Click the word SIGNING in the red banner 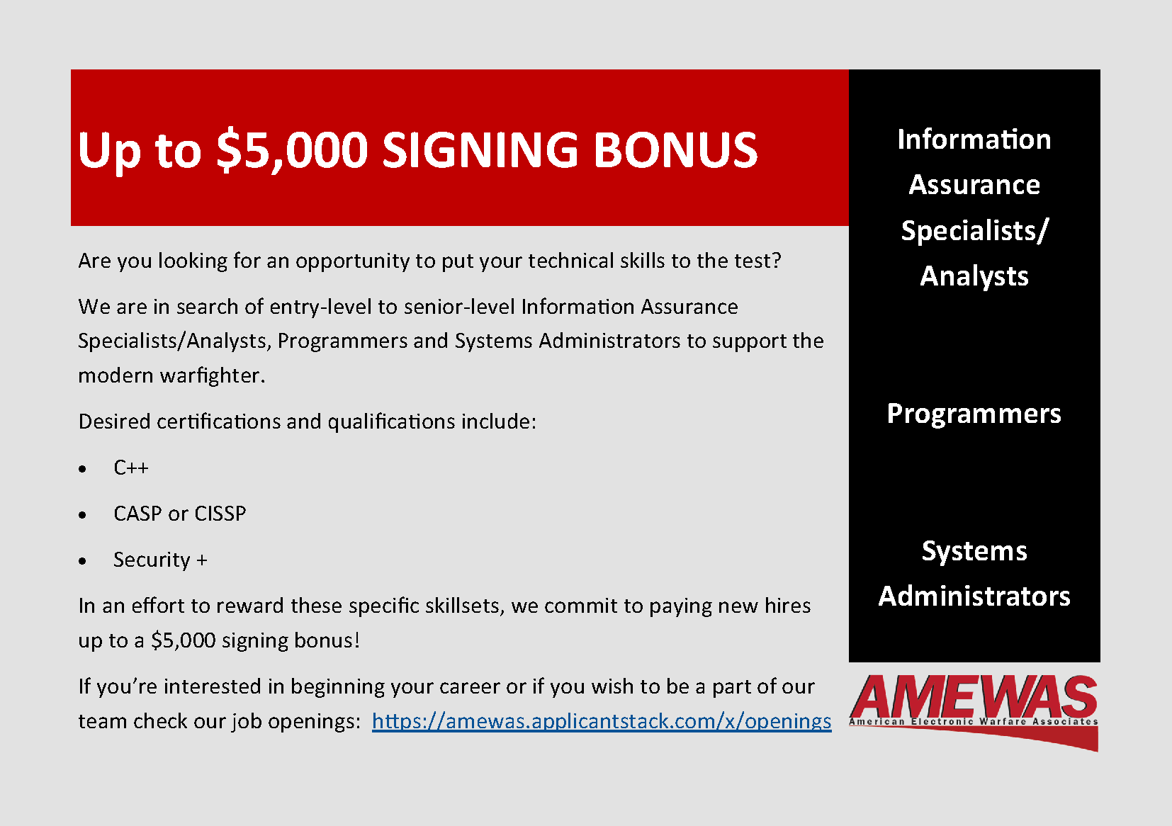480,150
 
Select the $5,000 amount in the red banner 292,151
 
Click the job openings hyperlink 602,721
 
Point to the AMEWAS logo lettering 973,696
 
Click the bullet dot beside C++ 82,469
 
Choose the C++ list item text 131,467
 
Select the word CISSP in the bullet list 220,514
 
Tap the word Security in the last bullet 152,560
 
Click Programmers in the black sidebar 974,414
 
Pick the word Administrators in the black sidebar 974,596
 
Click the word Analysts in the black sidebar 974,277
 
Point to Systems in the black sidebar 974,552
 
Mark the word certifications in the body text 219,421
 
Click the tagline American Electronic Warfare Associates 973,722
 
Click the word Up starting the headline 109,152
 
